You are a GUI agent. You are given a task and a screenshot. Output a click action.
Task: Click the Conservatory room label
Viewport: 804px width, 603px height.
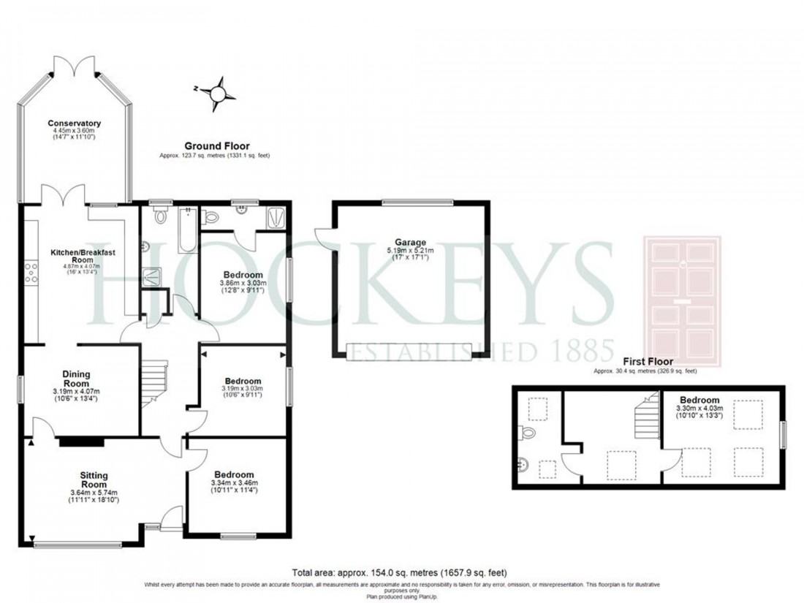point(74,123)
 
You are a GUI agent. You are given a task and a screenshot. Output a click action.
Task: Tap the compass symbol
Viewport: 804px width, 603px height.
point(218,93)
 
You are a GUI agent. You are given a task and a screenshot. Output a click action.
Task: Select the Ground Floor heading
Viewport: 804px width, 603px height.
point(216,146)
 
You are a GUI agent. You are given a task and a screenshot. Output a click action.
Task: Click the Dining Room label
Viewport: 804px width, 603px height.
point(76,379)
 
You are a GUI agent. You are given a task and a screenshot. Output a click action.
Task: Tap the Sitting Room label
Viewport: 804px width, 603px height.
point(94,479)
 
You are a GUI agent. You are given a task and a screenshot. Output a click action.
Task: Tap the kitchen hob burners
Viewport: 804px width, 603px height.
point(32,272)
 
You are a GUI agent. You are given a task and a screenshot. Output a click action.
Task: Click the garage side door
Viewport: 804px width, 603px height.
point(322,240)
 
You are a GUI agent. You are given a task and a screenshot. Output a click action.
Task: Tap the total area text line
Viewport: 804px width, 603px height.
point(400,572)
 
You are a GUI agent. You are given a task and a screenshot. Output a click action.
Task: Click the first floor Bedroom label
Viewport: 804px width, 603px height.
point(699,401)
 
